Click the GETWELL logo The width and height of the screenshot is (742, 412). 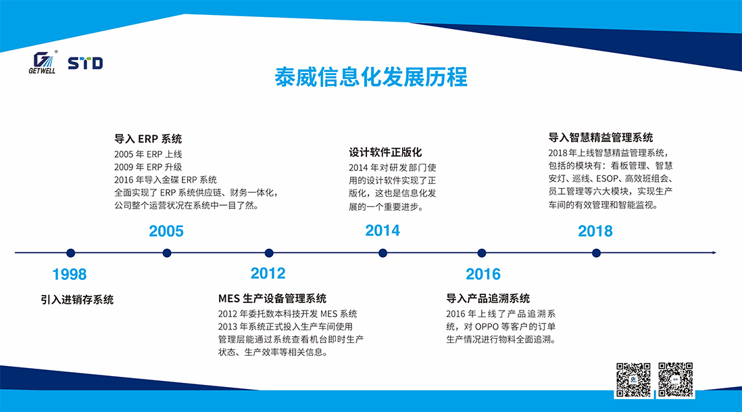[43, 62]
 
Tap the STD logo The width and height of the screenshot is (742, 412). [85, 63]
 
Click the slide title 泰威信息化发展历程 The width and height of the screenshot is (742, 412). [371, 77]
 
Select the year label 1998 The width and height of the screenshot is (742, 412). [70, 274]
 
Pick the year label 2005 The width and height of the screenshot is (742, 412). [166, 231]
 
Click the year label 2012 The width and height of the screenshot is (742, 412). [268, 273]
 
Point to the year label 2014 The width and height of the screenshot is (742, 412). [382, 231]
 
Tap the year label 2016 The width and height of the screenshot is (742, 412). [483, 274]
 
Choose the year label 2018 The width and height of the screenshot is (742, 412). [595, 231]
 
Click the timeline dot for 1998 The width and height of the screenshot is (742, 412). [70, 253]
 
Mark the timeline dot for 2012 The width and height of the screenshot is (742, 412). [269, 253]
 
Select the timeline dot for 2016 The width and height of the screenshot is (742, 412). [482, 253]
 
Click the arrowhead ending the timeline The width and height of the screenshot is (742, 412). [714, 253]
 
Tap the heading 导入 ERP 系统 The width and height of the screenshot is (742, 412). [148, 139]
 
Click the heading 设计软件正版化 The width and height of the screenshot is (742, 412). [385, 152]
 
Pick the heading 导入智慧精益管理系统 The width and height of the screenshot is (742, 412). [601, 137]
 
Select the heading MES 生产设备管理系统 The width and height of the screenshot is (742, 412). [272, 298]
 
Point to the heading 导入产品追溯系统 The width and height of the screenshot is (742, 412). [488, 298]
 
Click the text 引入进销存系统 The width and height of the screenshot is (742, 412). [77, 299]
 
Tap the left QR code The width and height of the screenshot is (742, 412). [633, 380]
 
